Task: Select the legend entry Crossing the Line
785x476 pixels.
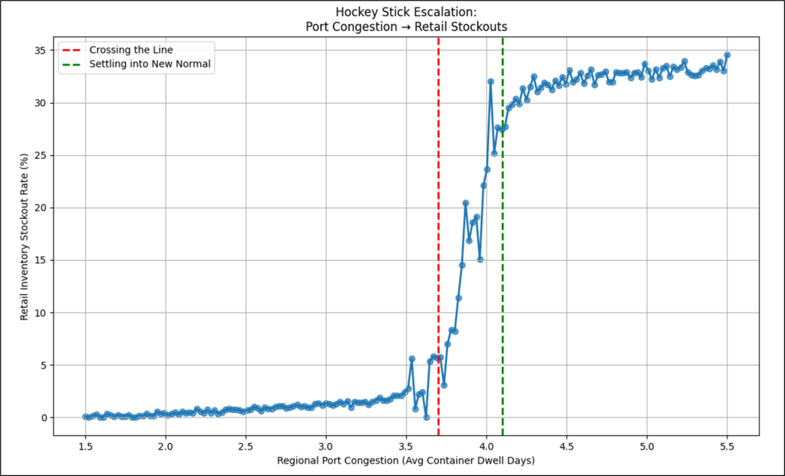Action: pyautogui.click(x=134, y=50)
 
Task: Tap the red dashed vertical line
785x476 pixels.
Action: pyautogui.click(x=438, y=230)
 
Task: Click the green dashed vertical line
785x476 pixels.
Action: pyautogui.click(x=503, y=230)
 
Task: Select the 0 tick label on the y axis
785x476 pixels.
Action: pyautogui.click(x=41, y=418)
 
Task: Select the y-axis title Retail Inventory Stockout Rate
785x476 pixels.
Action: pyautogui.click(x=25, y=234)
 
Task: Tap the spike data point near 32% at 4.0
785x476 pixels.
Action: pyautogui.click(x=490, y=81)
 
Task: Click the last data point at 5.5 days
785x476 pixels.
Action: pyautogui.click(x=727, y=55)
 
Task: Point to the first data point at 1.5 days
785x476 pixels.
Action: pyautogui.click(x=85, y=417)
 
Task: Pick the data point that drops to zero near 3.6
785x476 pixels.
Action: pyautogui.click(x=426, y=417)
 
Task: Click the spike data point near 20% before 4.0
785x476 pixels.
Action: pyautogui.click(x=466, y=203)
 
